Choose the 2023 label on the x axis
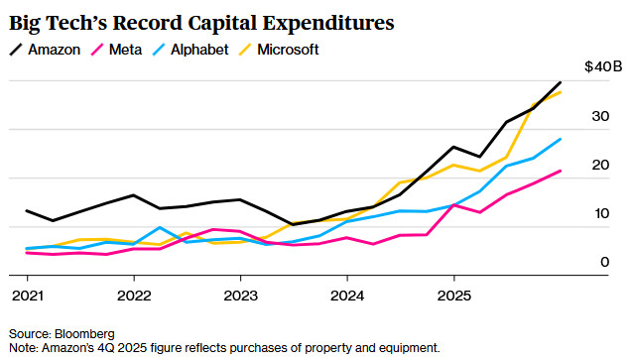pos(240,296)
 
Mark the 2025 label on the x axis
pos(454,296)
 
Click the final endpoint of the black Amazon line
pos(561,82)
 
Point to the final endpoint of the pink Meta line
pos(561,171)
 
